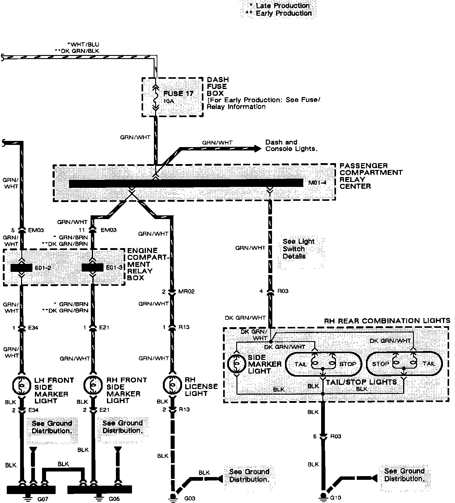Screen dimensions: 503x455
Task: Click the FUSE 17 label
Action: click(178, 93)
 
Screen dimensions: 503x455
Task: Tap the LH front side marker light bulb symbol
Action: click(21, 385)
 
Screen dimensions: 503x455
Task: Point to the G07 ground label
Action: click(42, 498)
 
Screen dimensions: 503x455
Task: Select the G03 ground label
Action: click(190, 498)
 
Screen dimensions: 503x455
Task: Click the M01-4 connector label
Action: click(317, 183)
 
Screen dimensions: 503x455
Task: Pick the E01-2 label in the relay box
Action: click(43, 268)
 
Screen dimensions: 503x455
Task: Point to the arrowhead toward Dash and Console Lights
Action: click(257, 149)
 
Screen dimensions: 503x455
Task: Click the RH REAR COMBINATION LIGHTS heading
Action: click(387, 321)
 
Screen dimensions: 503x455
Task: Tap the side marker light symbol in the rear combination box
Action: click(236, 364)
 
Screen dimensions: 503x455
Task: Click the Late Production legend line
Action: click(279, 6)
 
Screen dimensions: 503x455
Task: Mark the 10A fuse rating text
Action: click(168, 101)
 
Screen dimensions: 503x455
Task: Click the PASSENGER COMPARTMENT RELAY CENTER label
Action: click(371, 176)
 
